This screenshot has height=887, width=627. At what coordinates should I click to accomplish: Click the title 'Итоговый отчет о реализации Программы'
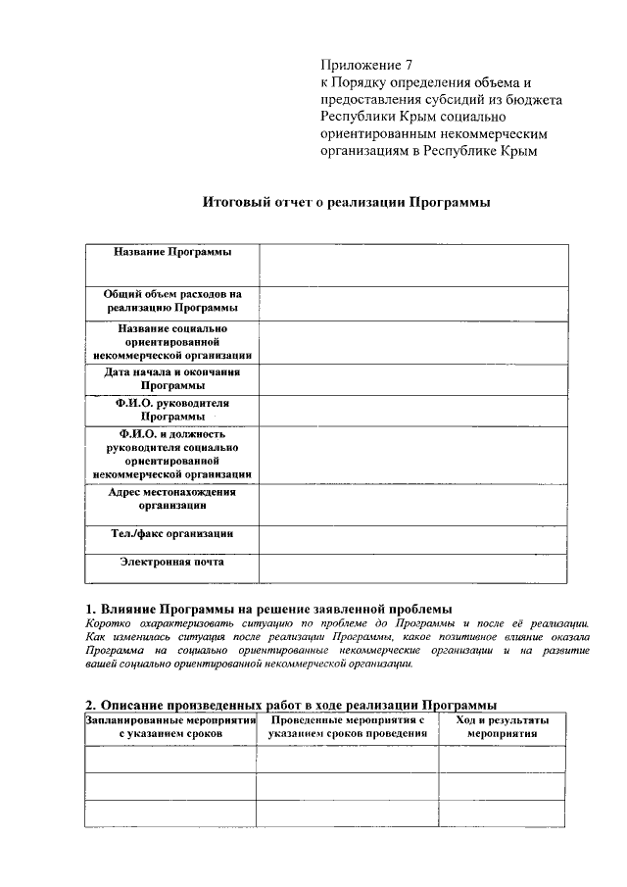click(x=346, y=203)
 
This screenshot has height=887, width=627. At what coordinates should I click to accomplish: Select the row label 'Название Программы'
click(x=172, y=253)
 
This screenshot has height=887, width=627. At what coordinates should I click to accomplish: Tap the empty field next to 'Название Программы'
click(x=412, y=264)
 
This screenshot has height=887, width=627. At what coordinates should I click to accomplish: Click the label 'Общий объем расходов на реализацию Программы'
click(x=172, y=301)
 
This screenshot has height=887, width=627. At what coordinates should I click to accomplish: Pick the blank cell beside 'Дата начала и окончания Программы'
click(x=412, y=379)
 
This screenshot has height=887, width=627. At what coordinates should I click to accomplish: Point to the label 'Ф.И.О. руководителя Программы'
click(x=172, y=410)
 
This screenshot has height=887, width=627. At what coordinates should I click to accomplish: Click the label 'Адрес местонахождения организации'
click(x=172, y=499)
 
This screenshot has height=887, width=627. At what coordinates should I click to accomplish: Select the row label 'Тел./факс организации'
click(x=172, y=534)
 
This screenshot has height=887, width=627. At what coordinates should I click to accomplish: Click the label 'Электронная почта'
click(x=172, y=563)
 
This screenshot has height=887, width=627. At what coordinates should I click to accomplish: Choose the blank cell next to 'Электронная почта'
click(x=412, y=568)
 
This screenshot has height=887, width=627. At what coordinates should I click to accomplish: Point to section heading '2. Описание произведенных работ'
click(x=291, y=705)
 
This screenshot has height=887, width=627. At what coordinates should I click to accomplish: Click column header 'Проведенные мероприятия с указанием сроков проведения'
click(x=347, y=726)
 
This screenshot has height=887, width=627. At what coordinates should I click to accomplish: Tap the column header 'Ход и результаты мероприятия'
click(x=502, y=726)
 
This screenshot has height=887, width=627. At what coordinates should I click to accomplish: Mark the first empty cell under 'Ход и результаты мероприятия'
click(x=502, y=760)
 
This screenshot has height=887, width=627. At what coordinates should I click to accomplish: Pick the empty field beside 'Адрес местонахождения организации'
click(x=412, y=504)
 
